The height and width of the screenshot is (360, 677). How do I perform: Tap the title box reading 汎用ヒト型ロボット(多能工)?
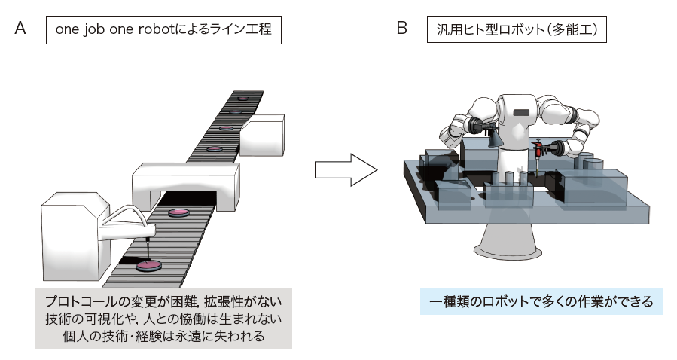(522, 30)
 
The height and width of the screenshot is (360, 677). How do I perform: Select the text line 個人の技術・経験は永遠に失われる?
(163, 336)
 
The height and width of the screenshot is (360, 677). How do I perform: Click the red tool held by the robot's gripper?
(539, 151)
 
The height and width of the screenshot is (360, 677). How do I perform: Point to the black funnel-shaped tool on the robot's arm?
(494, 137)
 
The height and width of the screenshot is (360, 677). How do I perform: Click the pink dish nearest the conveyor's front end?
(148, 265)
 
